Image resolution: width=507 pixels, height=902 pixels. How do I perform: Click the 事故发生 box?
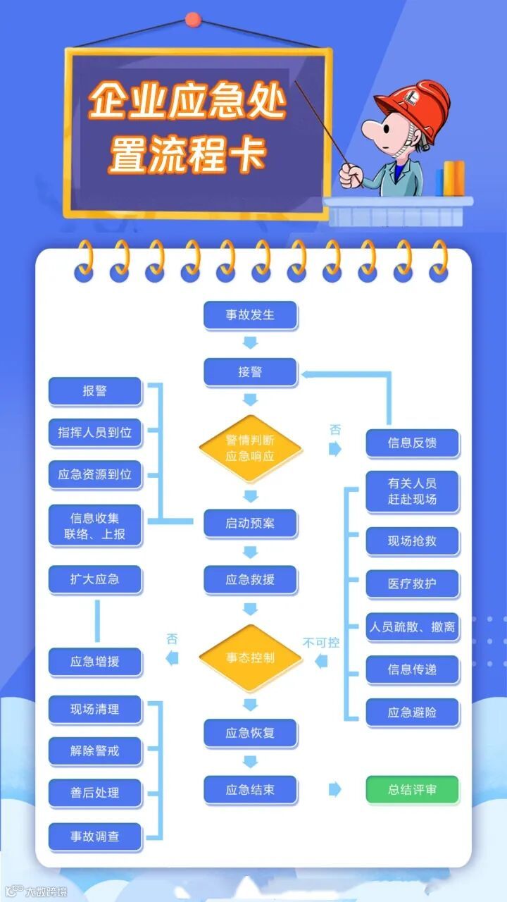pos(250,315)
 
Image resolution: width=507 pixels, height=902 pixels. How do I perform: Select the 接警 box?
pos(250,372)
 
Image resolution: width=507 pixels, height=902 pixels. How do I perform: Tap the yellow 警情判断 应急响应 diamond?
pos(250,449)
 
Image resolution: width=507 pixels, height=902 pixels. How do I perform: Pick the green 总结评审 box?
pos(412,790)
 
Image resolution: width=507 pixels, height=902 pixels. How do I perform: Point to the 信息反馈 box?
pos(412,443)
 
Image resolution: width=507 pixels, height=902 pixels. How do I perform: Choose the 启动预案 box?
pos(250,524)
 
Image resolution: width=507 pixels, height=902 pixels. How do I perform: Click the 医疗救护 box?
pos(412,584)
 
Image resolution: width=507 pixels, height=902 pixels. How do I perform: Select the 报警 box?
pos(95,392)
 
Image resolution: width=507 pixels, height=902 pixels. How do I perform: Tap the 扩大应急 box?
pos(95,580)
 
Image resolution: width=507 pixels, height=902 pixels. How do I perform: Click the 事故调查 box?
pos(95,836)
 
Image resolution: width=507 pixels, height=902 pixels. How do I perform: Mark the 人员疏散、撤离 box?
pos(412,626)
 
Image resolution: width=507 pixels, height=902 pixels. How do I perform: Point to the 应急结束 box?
pos(250,790)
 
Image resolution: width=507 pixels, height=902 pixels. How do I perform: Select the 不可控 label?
pos(321,643)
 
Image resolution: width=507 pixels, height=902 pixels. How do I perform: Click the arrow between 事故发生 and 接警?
pos(250,343)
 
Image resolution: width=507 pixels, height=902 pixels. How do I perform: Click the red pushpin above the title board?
pos(192,20)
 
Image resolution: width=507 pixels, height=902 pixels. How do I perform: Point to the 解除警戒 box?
pos(95,751)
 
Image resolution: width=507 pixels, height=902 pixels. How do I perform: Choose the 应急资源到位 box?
pos(95,474)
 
